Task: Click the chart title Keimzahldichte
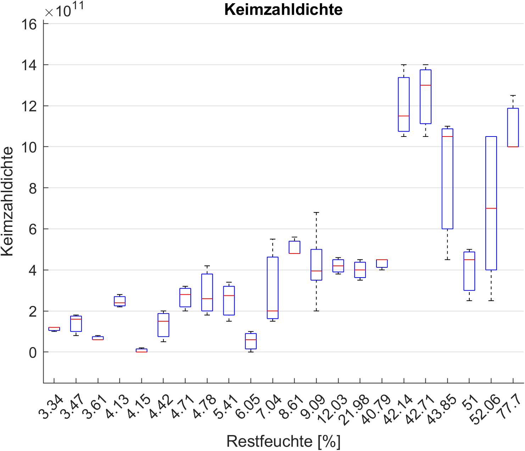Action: coord(283,10)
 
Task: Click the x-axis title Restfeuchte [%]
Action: coord(283,441)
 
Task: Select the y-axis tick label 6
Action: coord(33,229)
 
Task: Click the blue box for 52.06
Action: coord(491,177)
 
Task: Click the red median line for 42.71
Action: coord(425,85)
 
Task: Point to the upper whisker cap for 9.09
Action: coord(316,212)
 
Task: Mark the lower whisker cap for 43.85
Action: coord(447,260)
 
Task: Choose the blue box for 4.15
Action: coord(141,350)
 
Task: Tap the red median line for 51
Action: coord(469,260)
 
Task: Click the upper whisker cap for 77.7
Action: coord(513,95)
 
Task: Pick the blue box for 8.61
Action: coord(294,247)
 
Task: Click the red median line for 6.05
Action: coord(251,340)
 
